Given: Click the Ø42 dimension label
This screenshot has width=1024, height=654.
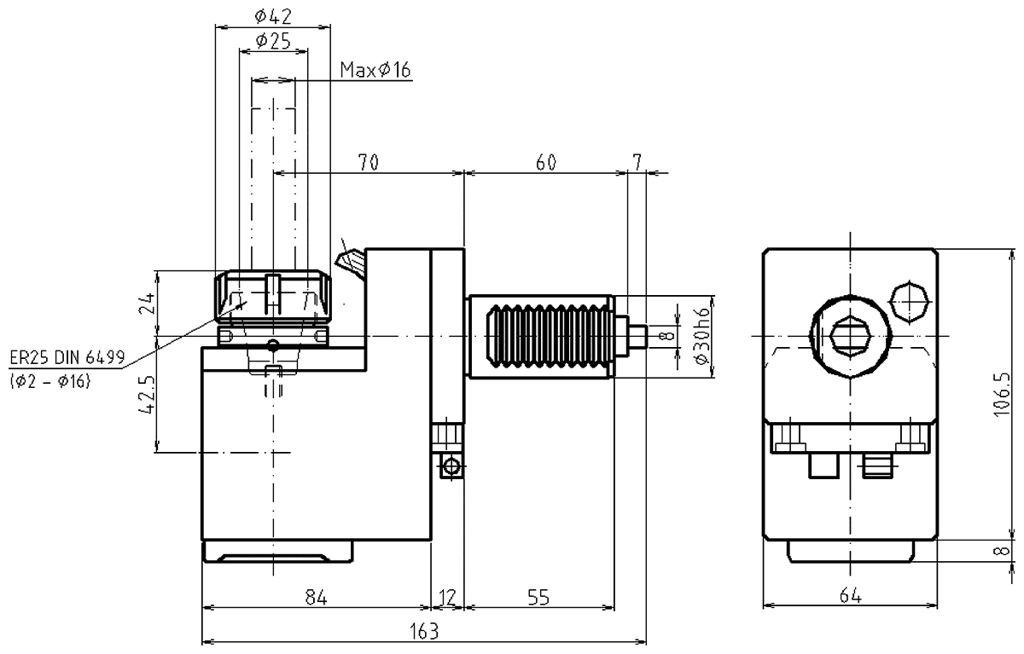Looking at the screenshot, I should click(272, 14).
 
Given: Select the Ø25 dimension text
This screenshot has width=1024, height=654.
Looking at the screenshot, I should click(272, 40).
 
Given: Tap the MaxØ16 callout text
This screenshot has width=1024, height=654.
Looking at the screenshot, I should click(375, 70).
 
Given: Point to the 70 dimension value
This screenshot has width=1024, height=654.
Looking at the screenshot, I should click(369, 162).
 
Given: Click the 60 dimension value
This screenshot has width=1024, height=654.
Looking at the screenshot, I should click(545, 162).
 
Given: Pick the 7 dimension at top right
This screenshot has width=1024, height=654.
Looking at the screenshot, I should click(637, 162).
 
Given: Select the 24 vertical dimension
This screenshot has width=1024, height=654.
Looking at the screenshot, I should click(147, 303).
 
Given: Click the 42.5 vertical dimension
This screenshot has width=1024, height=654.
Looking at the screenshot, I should click(147, 395).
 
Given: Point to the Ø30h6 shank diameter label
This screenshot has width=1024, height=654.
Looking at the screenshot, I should click(701, 336).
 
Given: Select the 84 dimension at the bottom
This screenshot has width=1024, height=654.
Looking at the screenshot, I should click(316, 598).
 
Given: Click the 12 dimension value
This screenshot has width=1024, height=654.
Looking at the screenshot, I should click(447, 598).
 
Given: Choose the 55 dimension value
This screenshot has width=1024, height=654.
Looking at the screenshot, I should click(538, 598).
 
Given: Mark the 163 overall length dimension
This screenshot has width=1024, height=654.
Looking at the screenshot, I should click(423, 631).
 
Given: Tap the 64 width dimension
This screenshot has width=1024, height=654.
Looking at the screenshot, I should click(850, 598).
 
